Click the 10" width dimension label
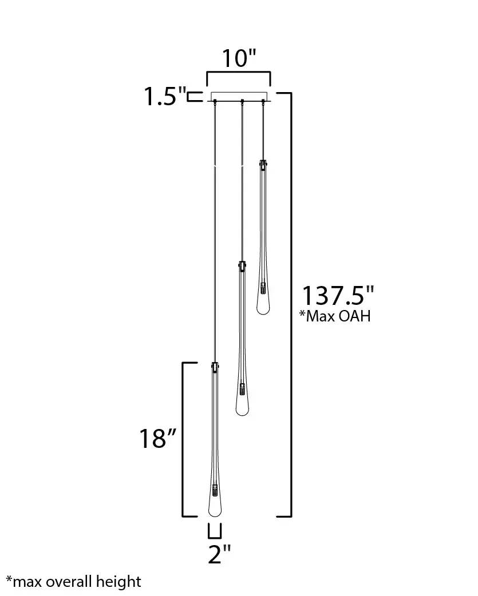coord(239,58)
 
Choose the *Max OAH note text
coord(335,316)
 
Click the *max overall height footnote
coord(74,582)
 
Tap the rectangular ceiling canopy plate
coord(239,97)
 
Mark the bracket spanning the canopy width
coord(239,72)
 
